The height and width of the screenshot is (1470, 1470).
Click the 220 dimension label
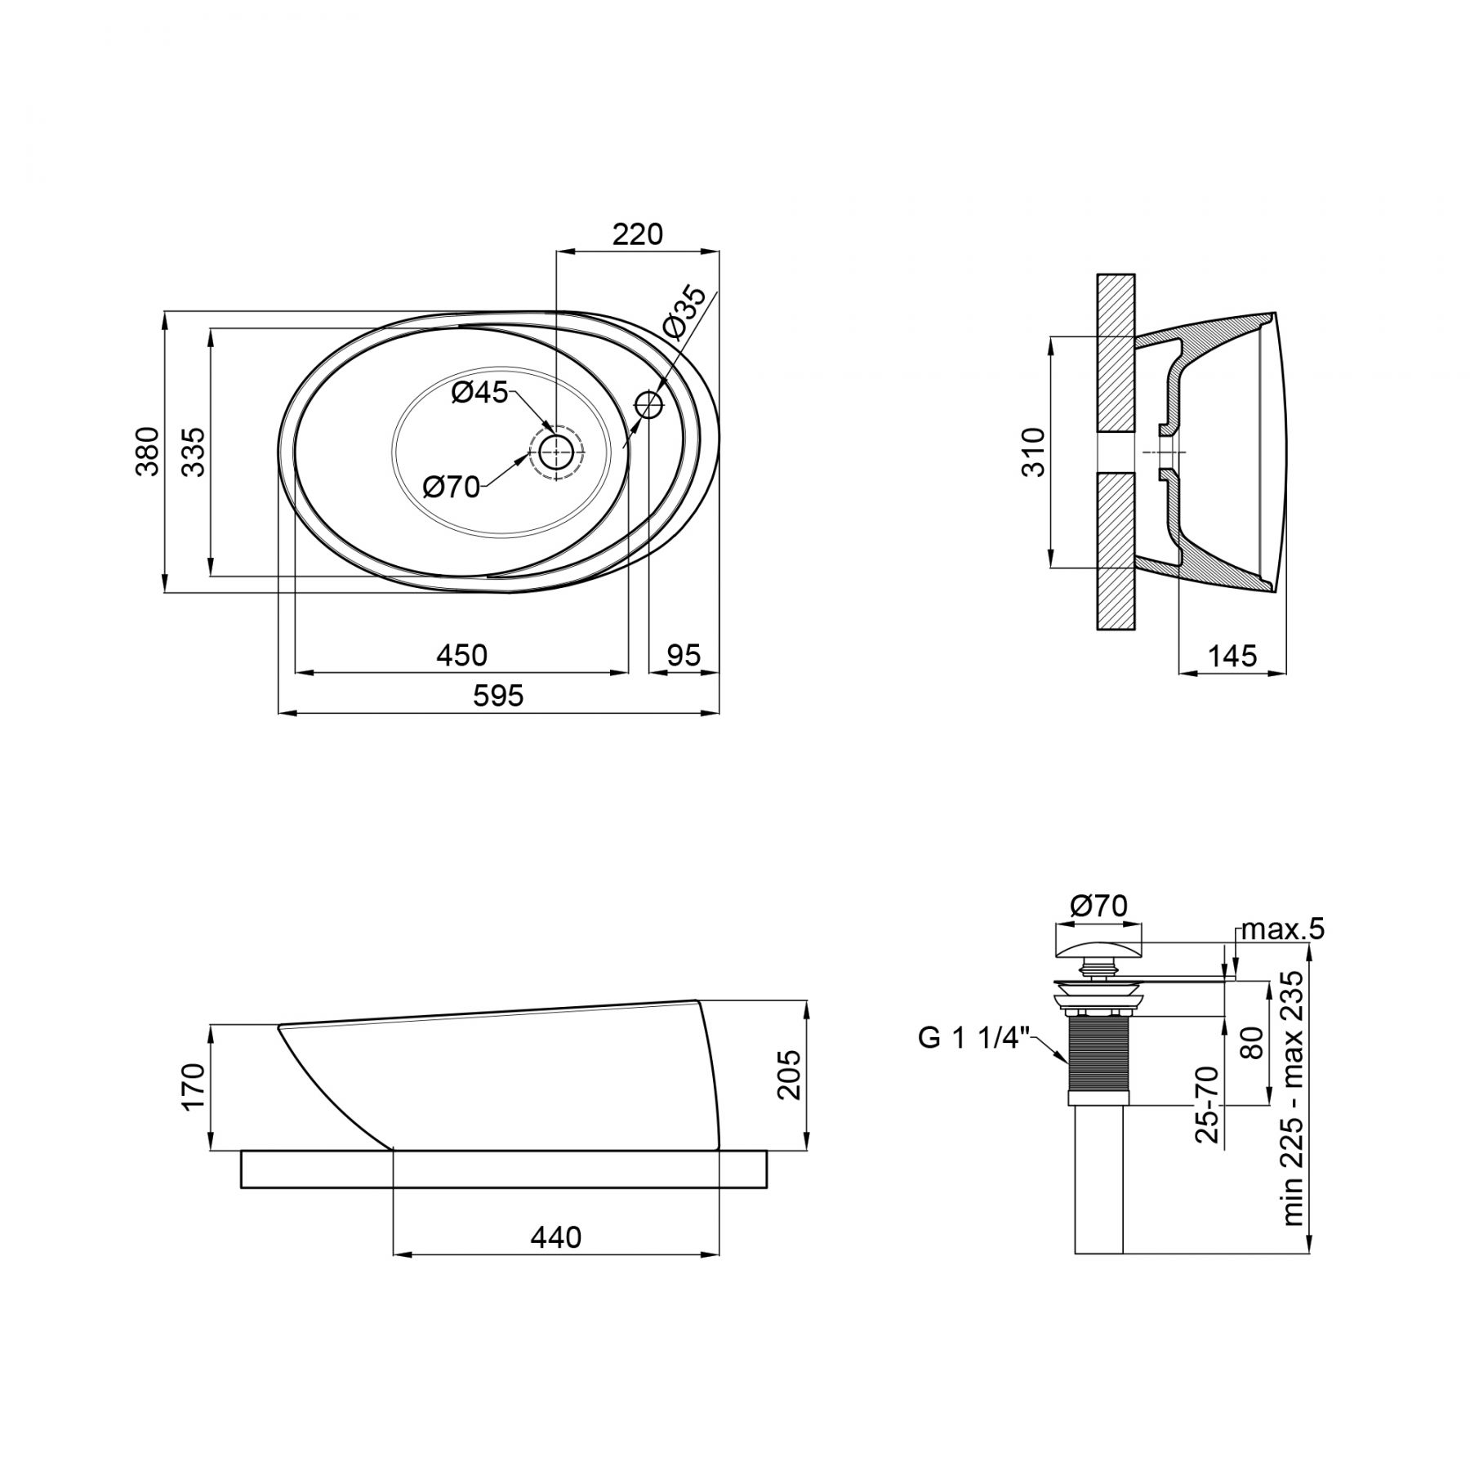[x=638, y=234]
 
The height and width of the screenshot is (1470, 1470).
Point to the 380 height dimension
[x=147, y=451]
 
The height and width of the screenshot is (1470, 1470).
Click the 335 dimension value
[x=194, y=451]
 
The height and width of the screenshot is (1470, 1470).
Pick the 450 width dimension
[x=461, y=655]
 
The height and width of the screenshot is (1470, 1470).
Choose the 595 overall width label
[x=499, y=696]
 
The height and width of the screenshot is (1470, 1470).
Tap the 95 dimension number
[x=684, y=655]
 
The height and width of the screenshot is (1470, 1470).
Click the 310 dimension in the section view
[x=1033, y=452]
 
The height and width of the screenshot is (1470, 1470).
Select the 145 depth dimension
[x=1232, y=655]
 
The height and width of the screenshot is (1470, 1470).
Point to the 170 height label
[x=194, y=1086]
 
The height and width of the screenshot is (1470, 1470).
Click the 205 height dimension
[x=789, y=1075]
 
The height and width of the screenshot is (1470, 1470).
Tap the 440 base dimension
[x=556, y=1237]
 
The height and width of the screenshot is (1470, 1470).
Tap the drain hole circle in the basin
[x=556, y=451]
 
